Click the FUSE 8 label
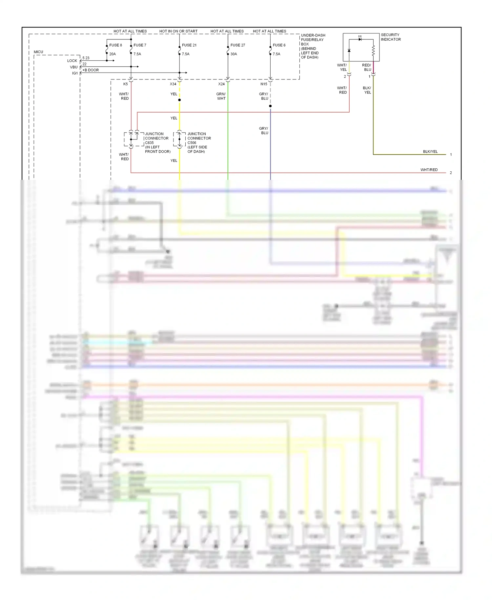tap(115, 45)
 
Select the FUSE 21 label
tap(189, 45)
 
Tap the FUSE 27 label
tap(238, 45)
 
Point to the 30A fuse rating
tap(234, 54)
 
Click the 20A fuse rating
tap(113, 54)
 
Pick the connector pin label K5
tap(125, 84)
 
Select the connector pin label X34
tap(173, 84)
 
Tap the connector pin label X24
tap(221, 84)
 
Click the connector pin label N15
tap(264, 84)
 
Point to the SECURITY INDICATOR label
tap(391, 37)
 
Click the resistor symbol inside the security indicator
tap(373, 51)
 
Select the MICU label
tap(38, 52)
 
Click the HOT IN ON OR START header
tap(178, 31)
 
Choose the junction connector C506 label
tap(199, 142)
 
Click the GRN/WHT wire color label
tap(221, 96)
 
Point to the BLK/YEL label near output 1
tap(430, 152)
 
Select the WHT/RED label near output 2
tap(429, 170)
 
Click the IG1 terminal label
tap(75, 73)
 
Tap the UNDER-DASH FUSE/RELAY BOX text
tap(313, 46)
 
